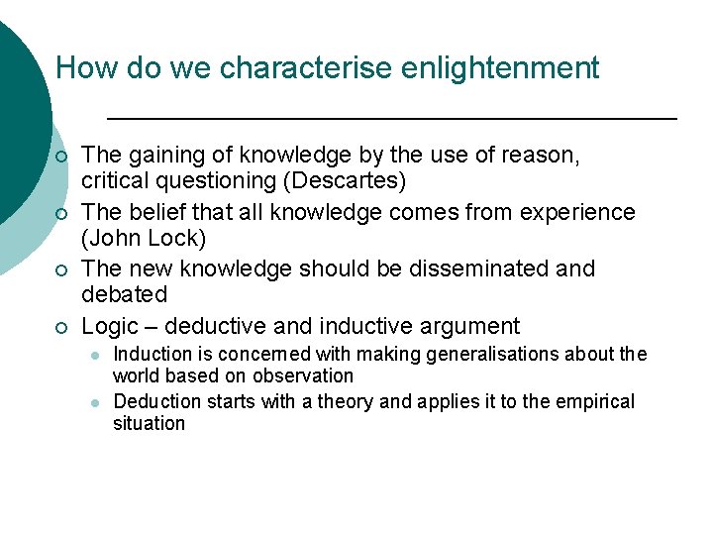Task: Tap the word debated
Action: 125,295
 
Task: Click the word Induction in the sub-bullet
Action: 154,354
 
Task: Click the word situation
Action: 149,424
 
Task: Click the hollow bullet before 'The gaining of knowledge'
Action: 61,157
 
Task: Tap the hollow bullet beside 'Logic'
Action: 61,327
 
